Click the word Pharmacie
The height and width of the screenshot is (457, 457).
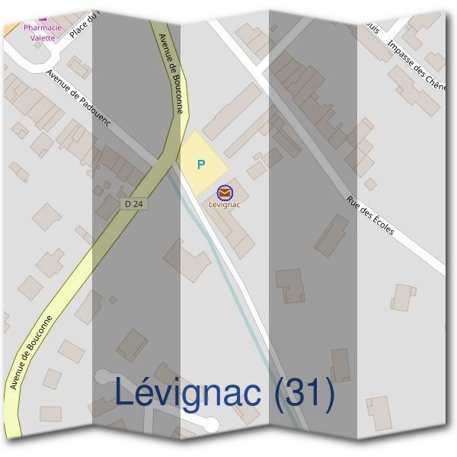point(43,27)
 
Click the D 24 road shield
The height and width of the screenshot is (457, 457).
point(134,204)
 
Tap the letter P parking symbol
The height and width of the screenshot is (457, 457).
point(201,164)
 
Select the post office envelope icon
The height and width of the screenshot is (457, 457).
point(224,193)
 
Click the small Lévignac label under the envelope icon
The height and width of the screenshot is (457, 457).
point(224,204)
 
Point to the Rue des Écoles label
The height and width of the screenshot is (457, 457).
point(370,216)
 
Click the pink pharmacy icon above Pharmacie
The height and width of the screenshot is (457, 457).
point(43,17)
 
